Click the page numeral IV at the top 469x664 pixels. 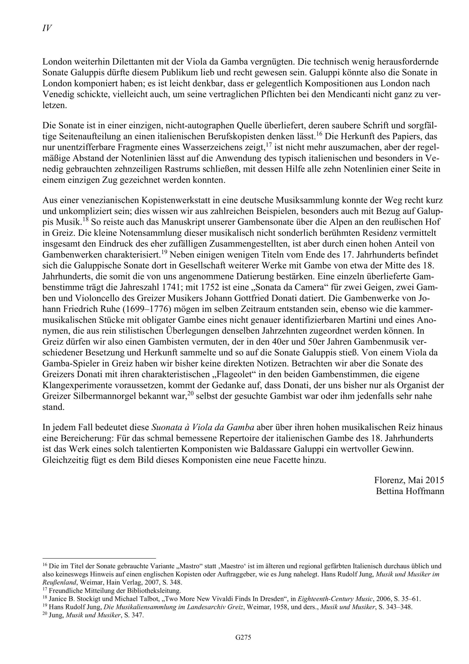click(x=47, y=29)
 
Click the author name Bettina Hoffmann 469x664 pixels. click(x=410, y=491)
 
